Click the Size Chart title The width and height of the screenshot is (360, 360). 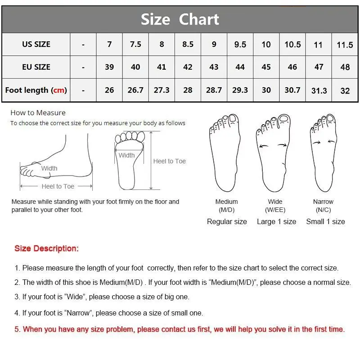tap(180, 19)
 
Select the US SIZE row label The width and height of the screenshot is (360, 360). tap(36, 44)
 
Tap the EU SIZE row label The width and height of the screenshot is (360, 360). tap(36, 67)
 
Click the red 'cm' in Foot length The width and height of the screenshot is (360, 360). tap(59, 90)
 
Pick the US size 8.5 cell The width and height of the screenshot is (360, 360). tap(188, 44)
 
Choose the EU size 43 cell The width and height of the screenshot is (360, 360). tap(214, 67)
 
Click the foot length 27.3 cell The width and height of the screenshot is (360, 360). tap(162, 90)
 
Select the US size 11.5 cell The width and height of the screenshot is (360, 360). tap(345, 45)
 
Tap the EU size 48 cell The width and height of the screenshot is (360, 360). tap(345, 67)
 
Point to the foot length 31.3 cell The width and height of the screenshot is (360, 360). tap(319, 90)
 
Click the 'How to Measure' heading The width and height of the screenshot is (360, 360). tap(38, 113)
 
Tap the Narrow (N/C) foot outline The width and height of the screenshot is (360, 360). tap(324, 153)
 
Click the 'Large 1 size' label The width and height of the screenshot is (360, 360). tap(276, 221)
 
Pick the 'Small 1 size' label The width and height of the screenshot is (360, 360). tap(325, 221)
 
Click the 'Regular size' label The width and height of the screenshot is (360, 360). tap(227, 221)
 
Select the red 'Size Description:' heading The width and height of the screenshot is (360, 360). tap(46, 248)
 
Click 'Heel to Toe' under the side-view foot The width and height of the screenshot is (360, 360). tap(58, 186)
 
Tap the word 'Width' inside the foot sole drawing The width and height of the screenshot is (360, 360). tap(126, 155)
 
